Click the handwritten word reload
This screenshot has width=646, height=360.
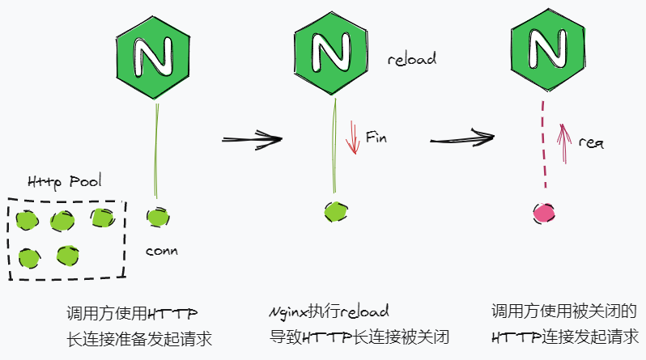coord(411,60)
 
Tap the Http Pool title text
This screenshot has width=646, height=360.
coord(65,182)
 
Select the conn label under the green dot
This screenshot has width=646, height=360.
coord(161,251)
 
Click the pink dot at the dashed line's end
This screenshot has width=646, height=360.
coord(544,213)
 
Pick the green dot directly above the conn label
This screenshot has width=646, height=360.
coord(157,217)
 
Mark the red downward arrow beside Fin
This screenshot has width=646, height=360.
coord(351,137)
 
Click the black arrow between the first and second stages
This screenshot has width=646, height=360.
coord(252,139)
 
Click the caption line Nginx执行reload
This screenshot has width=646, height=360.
coord(329,311)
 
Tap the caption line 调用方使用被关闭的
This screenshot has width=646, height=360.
coord(565,311)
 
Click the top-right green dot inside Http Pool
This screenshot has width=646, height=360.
coord(101,217)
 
